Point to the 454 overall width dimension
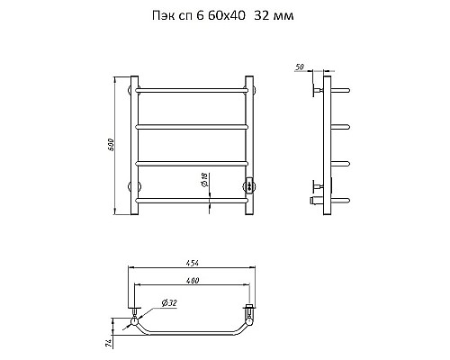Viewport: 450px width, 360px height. [x=193, y=263]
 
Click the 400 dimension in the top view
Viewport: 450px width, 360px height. [x=192, y=282]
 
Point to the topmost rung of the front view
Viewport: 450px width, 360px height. [x=193, y=90]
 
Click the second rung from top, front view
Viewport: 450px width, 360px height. [x=193, y=128]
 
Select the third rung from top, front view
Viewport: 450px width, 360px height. [x=193, y=162]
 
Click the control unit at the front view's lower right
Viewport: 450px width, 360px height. [x=251, y=185]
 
